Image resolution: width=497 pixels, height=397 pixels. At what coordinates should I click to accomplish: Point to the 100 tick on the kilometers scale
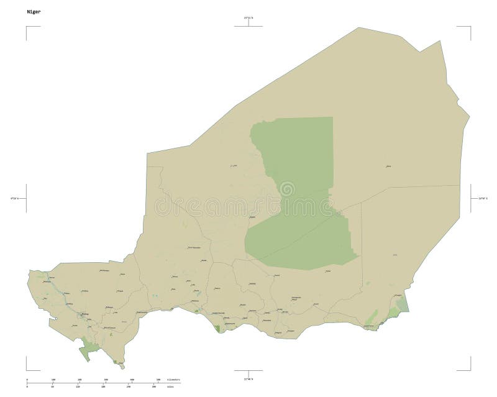coord(53,379)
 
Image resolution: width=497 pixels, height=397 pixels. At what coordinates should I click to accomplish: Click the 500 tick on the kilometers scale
coord(158,379)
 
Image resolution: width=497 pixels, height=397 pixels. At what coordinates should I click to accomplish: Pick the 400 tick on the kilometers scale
coord(132,379)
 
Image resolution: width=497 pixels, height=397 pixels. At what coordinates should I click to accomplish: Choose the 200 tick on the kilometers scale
coord(80,379)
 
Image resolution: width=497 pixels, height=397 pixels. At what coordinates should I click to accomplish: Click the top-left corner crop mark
coord(27,27)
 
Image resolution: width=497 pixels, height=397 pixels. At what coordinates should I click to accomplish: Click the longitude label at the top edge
coord(248,19)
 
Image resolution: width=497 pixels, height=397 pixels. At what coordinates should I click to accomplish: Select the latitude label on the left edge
coord(14,198)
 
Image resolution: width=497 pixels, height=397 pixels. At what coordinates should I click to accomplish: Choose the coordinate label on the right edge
coord(482,198)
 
